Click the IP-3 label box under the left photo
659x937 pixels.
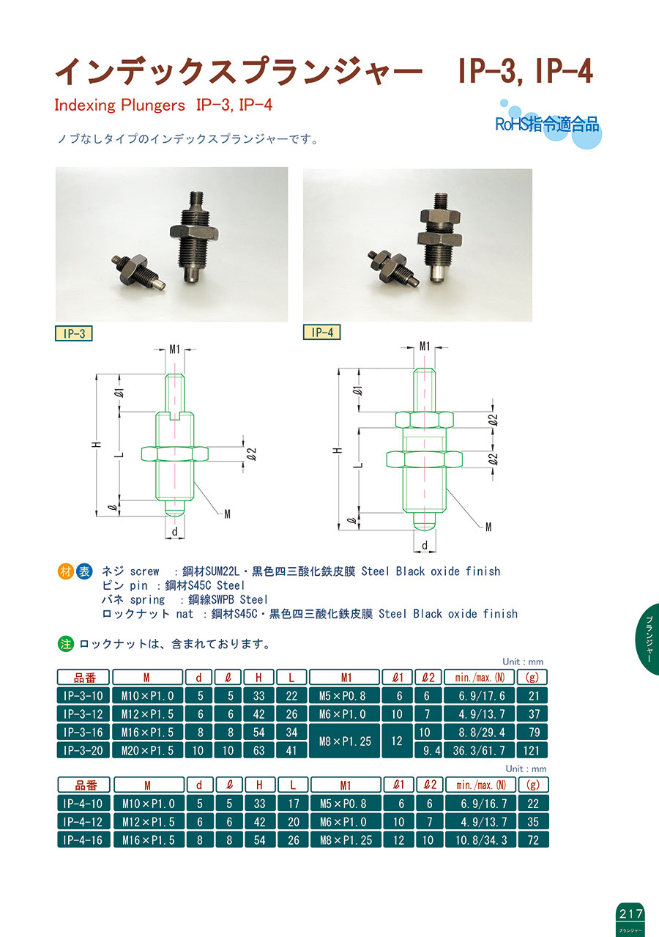coord(74,333)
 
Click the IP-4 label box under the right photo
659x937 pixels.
coord(321,332)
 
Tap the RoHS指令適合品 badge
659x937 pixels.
coord(548,125)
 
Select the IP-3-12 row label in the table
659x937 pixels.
coord(83,714)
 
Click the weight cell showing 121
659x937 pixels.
coord(532,750)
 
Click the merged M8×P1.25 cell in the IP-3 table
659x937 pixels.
coord(345,741)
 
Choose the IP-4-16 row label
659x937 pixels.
coord(83,840)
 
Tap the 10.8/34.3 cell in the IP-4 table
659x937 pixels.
coord(481,840)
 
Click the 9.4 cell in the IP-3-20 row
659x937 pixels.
coord(428,750)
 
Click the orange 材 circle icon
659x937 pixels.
coord(66,571)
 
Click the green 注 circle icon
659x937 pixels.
coord(66,644)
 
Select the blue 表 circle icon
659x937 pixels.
coord(84,571)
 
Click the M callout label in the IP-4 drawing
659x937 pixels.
coord(488,527)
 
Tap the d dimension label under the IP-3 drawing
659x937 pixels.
coord(175,532)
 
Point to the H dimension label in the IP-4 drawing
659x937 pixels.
coord(339,451)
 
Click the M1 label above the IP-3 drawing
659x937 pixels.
coord(175,349)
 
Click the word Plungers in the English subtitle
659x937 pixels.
coord(152,105)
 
